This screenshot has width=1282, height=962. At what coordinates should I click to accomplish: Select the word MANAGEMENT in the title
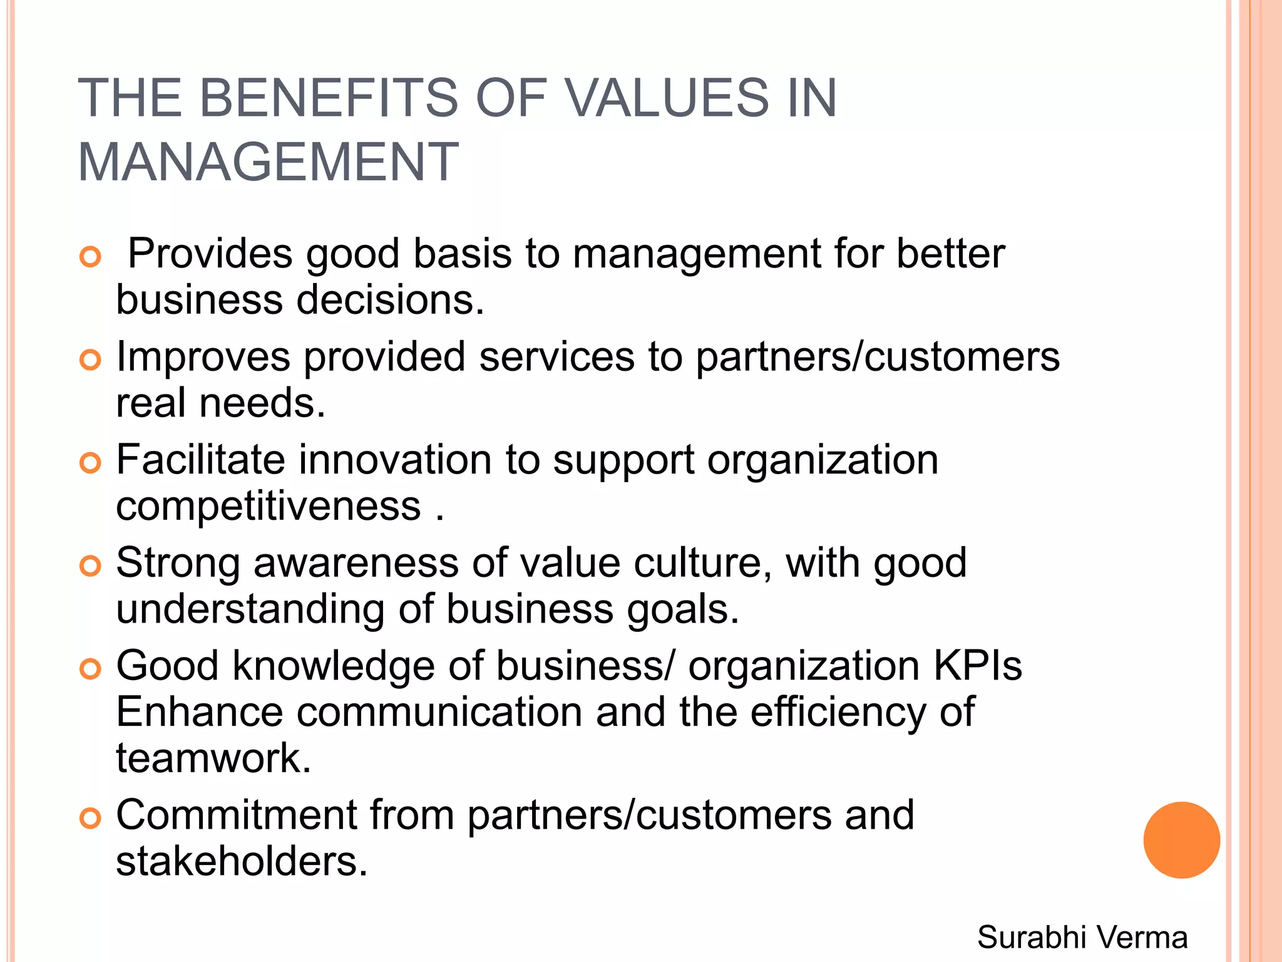pos(269,162)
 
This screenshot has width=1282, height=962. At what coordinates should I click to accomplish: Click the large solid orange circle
pos(1181,840)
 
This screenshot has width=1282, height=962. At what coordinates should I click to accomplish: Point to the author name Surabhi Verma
pos(1082,938)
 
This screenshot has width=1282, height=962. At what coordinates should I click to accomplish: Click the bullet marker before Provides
pos(91,257)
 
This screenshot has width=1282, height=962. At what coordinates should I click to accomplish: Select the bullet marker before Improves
pos(91,359)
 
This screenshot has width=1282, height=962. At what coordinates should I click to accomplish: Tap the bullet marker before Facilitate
pos(91,463)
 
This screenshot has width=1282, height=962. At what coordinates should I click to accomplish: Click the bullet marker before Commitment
pos(91,818)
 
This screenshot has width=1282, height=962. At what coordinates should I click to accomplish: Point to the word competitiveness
pos(269,506)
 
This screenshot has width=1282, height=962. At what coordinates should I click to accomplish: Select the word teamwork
pos(213,758)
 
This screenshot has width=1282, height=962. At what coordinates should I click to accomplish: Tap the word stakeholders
pos(242,861)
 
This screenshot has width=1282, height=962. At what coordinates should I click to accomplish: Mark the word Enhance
pos(200,712)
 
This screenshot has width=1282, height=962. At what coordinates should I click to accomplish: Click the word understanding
pos(250,609)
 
